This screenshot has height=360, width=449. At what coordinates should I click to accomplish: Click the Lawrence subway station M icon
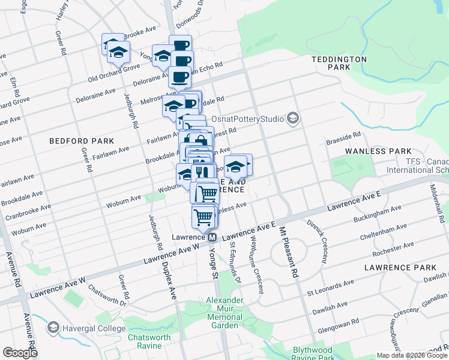click(x=212, y=238)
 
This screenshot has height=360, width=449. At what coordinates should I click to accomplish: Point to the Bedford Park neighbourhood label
click(x=82, y=140)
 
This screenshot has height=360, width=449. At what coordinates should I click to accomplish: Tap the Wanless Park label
click(x=378, y=151)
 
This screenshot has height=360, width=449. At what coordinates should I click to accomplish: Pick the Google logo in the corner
click(x=20, y=353)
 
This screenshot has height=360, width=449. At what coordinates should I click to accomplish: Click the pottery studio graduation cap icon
click(x=292, y=118)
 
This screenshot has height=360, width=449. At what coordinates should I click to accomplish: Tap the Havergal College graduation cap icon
click(x=53, y=328)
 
